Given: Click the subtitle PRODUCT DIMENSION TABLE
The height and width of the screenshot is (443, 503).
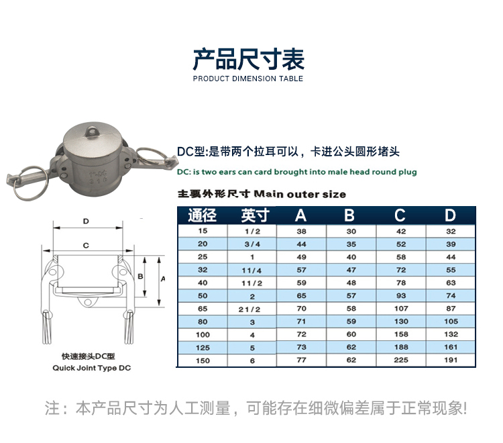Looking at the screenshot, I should click(x=248, y=79).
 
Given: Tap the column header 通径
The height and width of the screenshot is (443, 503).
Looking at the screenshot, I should click(x=202, y=215).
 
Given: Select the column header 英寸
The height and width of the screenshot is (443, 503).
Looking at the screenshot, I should click(x=253, y=215).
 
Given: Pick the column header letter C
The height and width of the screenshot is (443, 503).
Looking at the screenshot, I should click(x=400, y=215).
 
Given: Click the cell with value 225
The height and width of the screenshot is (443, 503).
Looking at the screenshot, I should click(x=400, y=360).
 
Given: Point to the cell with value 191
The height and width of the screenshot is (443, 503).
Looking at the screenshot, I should click(x=451, y=360).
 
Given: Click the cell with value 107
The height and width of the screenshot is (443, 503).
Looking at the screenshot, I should click(x=400, y=309).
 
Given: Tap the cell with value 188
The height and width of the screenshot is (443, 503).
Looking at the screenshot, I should click(x=400, y=348).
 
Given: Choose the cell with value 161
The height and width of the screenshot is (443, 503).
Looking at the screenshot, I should click(x=451, y=348).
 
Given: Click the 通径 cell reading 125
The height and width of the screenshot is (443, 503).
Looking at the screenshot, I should click(x=202, y=348).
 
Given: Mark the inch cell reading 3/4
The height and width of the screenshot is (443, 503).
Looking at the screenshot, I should click(x=253, y=244).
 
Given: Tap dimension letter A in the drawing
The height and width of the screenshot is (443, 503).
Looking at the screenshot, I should click(x=164, y=277).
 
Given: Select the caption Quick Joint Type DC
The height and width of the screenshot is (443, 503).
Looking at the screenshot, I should click(x=91, y=368).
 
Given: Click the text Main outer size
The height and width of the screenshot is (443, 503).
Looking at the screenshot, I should click(x=300, y=194).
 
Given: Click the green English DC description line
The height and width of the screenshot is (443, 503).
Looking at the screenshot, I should click(x=296, y=173).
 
